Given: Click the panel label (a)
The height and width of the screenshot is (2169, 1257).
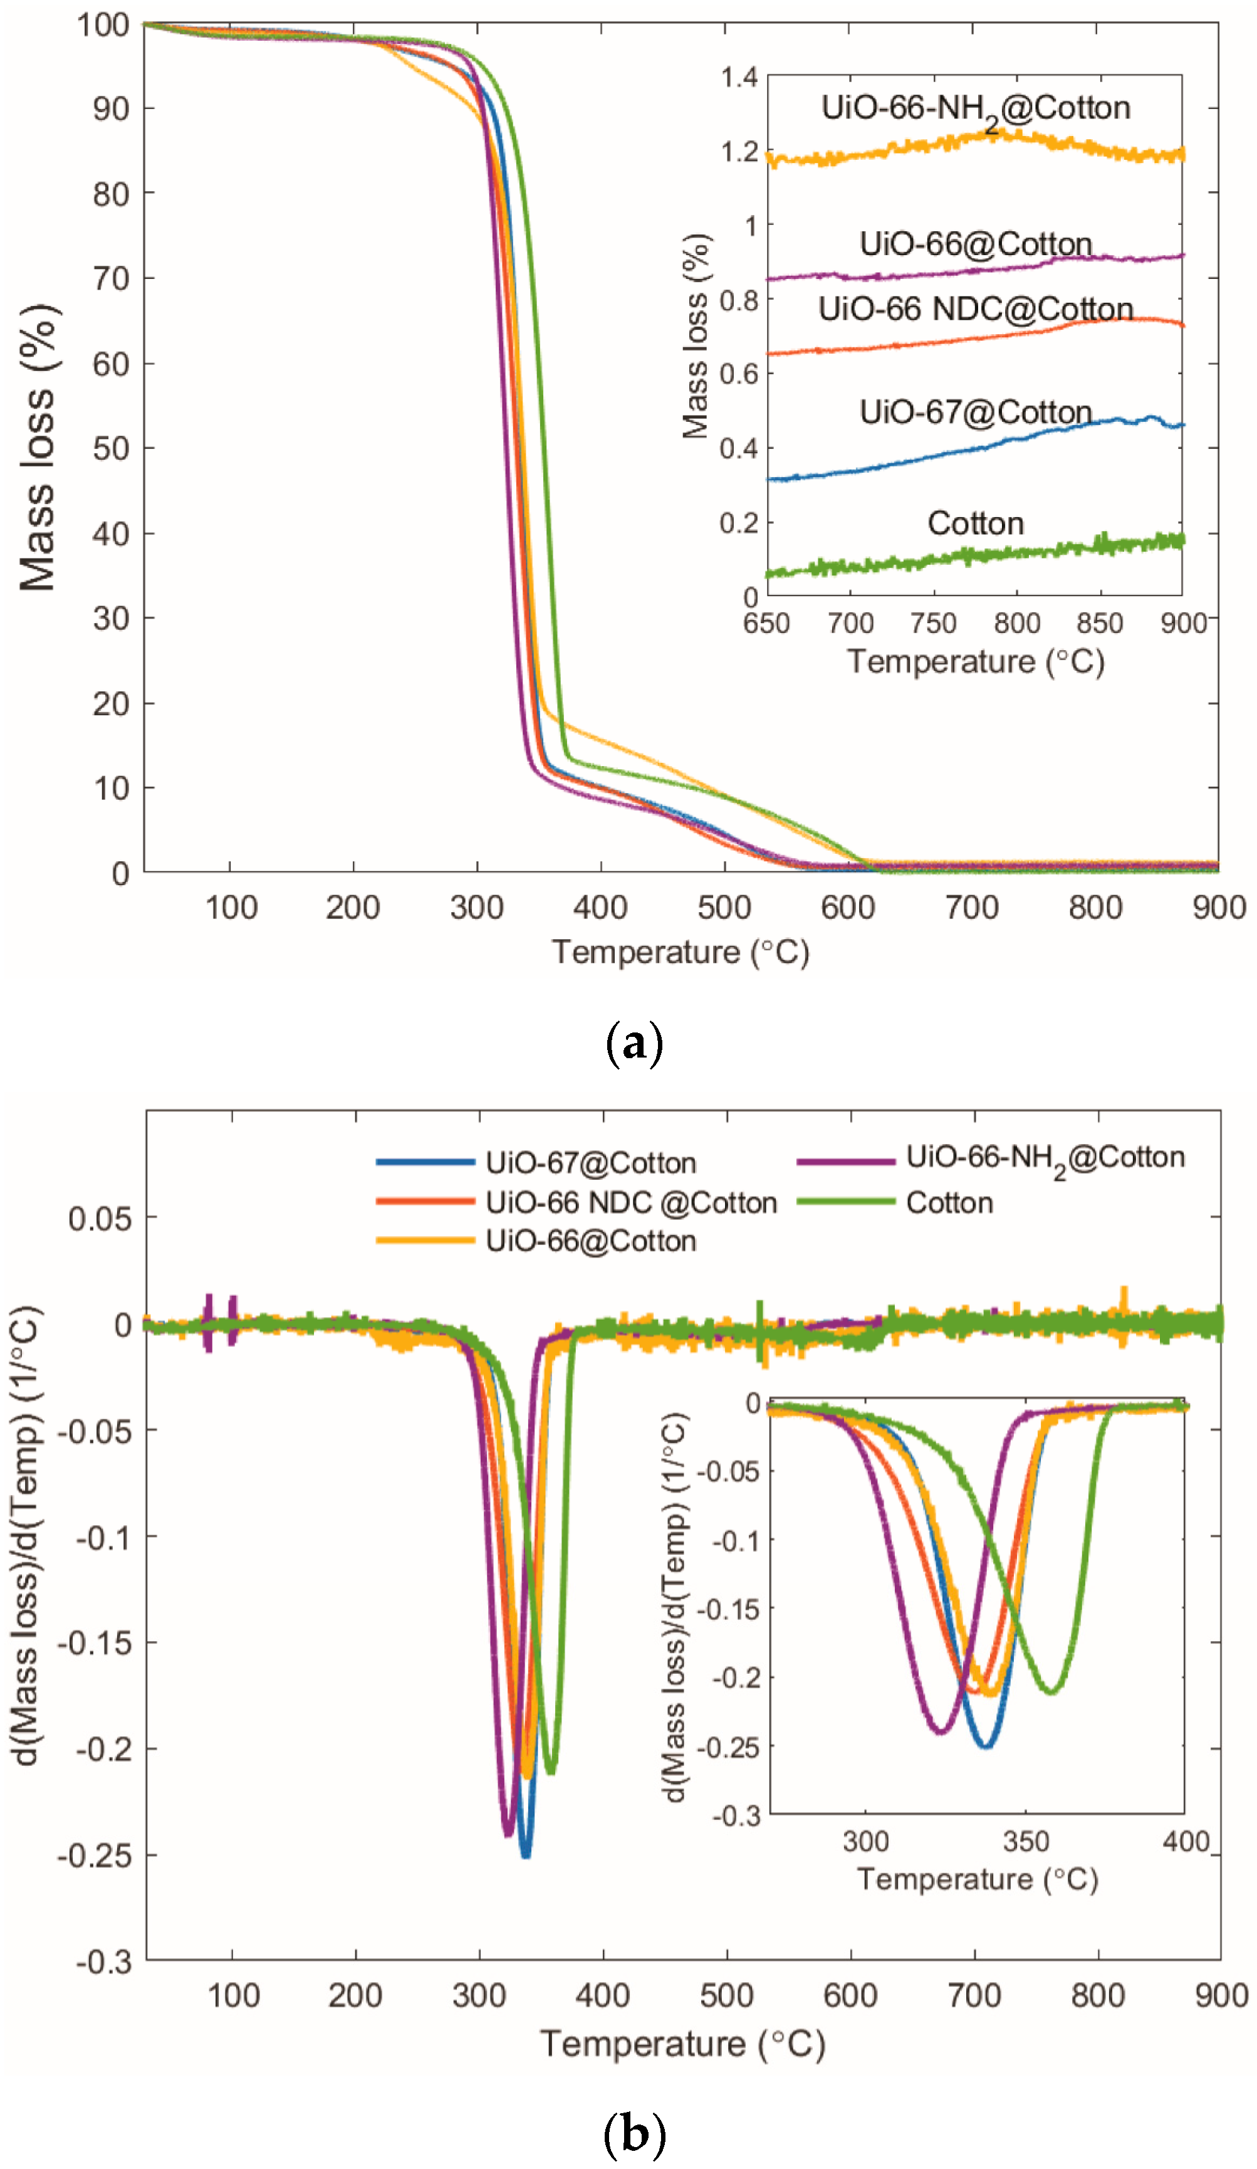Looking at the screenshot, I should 634,1044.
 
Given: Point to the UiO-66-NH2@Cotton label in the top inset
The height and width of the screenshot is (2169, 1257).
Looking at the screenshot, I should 975,108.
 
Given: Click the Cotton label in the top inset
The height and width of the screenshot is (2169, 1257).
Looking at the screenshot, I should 975,523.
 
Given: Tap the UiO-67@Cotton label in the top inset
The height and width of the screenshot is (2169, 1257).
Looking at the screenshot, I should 975,412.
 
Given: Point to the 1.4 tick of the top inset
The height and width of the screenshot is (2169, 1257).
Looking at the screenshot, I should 738,78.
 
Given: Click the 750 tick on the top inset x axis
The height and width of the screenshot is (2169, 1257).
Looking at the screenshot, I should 934,623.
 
